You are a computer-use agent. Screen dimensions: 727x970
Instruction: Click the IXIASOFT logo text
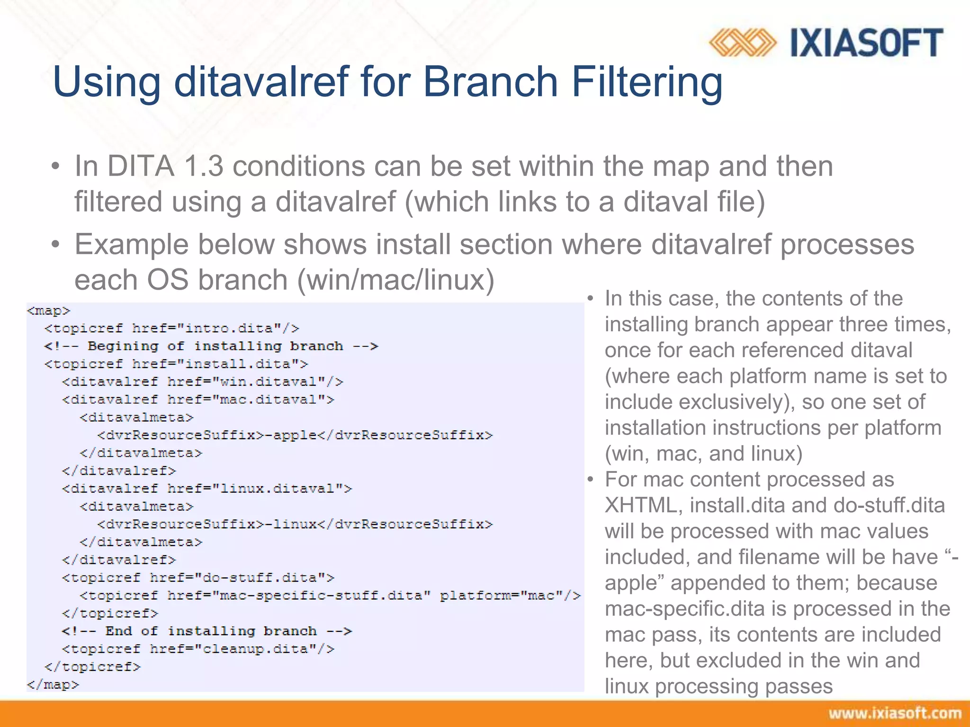pos(867,43)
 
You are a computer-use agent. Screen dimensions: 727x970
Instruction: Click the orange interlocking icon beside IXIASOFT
pos(742,43)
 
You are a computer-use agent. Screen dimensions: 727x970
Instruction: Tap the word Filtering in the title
pos(647,83)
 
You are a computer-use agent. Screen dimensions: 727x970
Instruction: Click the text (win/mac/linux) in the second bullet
pos(395,280)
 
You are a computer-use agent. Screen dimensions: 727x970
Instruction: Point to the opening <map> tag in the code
pos(48,311)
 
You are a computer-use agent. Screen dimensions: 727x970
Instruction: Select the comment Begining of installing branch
pos(211,346)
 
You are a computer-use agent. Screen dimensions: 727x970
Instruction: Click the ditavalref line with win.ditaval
pos(202,382)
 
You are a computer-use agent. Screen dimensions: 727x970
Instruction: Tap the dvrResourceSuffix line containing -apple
pos(295,435)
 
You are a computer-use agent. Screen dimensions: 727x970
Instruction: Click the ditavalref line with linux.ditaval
pos(207,489)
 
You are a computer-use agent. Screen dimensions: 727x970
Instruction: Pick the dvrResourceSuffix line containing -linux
pos(295,524)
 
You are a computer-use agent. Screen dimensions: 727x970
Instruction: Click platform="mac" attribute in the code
pos(510,595)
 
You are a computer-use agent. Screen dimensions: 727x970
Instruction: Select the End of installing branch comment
pos(207,631)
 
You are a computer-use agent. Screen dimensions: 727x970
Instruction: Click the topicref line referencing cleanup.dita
pos(198,649)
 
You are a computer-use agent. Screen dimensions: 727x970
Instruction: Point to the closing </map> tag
pos(53,685)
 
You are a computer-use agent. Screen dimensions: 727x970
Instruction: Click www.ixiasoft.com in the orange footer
pos(895,713)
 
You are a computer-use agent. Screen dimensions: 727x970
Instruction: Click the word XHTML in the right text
pos(644,505)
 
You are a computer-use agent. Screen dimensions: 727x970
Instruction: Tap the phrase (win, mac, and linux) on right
pos(703,454)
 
